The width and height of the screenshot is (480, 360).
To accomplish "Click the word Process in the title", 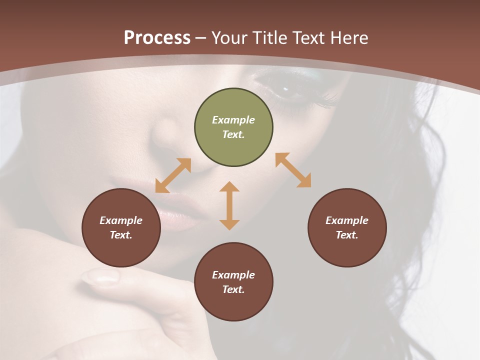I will coord(157,38).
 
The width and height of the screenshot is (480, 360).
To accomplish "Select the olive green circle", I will coord(233,127).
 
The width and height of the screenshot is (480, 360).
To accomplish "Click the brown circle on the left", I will coord(121,227).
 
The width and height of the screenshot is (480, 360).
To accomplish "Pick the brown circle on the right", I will coord(346,227).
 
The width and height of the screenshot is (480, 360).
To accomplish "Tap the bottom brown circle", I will coord(233,281).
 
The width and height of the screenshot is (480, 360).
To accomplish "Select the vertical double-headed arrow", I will coord(229,205).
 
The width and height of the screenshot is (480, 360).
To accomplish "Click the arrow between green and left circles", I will coord(173,175).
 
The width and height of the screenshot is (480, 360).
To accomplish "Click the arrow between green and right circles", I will coord(293,170).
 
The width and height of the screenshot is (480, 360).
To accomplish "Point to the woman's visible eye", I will coord(286,90).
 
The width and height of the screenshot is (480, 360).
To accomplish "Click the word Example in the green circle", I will coord(233,120).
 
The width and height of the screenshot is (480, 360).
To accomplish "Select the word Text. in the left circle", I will coord(121,235).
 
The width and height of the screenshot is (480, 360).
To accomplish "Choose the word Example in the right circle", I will coord(346,220).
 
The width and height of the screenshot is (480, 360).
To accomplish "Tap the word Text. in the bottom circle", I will coord(233,289).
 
